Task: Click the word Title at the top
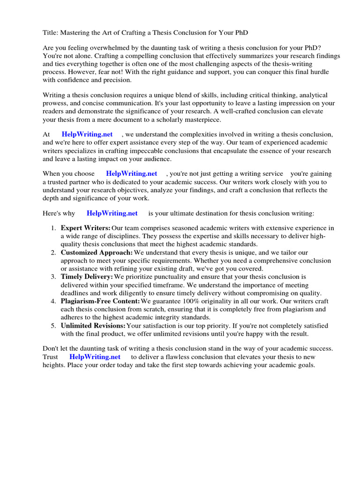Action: [51, 32]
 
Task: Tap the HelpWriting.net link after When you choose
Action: [131, 174]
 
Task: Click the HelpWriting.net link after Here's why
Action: [112, 213]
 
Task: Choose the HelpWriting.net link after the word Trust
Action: [95, 357]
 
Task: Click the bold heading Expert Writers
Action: [85, 228]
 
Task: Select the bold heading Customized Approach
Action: [97, 253]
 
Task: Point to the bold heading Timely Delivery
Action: [87, 277]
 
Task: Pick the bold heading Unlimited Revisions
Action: [93, 325]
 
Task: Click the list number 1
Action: [53, 228]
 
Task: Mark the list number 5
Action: [53, 325]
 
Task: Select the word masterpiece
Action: [192, 120]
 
